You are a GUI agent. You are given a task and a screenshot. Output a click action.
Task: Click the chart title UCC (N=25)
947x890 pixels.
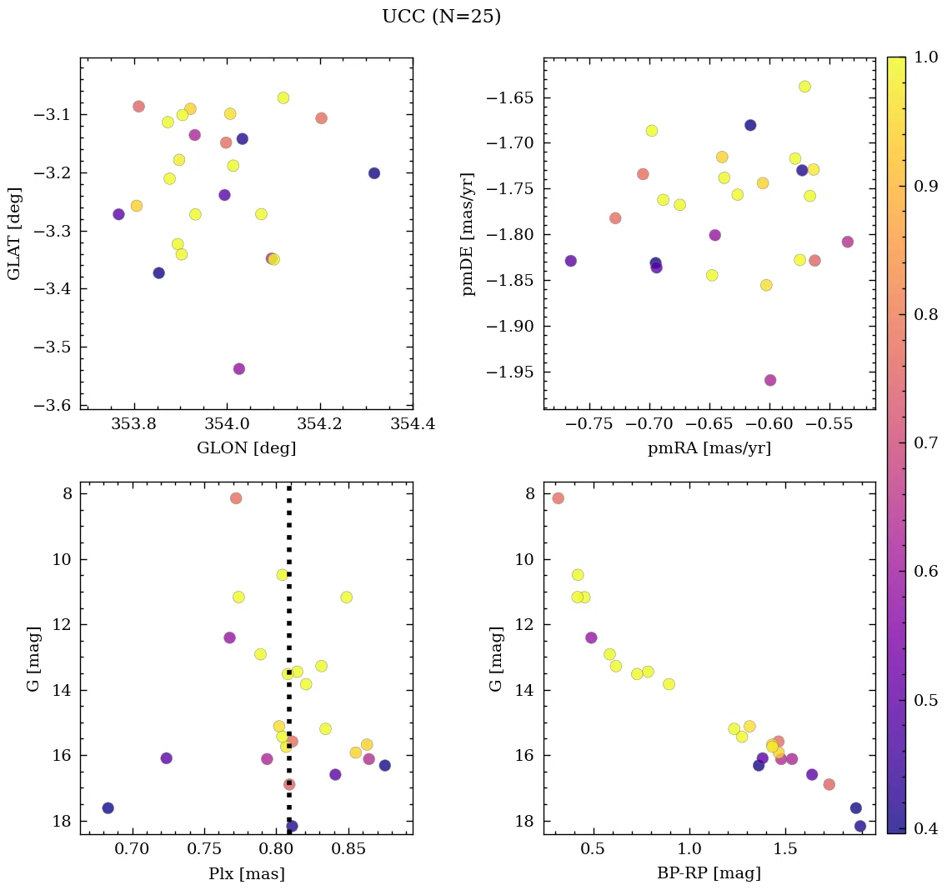[x=441, y=17]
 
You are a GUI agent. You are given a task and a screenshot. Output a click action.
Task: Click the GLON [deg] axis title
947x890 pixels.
[x=246, y=448]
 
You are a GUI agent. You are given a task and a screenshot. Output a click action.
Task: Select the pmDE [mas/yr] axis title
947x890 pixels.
[x=468, y=234]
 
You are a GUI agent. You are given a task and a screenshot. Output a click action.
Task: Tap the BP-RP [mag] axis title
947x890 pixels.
[x=709, y=873]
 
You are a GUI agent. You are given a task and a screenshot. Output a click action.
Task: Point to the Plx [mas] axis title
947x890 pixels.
[x=246, y=873]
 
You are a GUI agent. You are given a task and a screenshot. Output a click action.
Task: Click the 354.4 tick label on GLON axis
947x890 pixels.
[x=412, y=426]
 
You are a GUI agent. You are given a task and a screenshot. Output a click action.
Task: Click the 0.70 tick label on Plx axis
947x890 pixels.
[x=132, y=851]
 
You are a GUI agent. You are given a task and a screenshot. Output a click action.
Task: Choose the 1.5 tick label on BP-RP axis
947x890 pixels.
[x=785, y=851]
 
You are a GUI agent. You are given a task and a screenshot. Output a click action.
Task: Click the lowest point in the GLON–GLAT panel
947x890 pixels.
[x=239, y=368]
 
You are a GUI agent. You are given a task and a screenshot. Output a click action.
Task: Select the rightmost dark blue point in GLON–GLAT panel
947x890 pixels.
[x=374, y=173]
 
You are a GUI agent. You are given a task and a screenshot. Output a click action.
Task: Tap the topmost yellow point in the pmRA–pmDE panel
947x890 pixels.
[x=804, y=87]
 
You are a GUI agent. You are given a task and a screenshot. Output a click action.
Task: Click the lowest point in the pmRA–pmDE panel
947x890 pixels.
[x=770, y=380]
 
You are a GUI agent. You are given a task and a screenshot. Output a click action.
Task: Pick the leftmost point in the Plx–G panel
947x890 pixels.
[x=108, y=808]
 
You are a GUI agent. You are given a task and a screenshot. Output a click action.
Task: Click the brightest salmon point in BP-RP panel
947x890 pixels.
[x=559, y=498]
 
